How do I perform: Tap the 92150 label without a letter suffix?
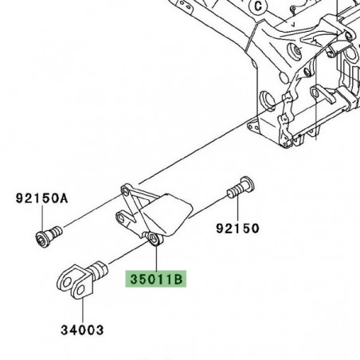pos(237,229)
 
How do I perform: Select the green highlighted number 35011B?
pos(155,280)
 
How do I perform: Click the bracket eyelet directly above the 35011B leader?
pos(154,239)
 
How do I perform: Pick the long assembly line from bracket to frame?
pos(199,155)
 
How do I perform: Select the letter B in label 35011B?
pos(179,280)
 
